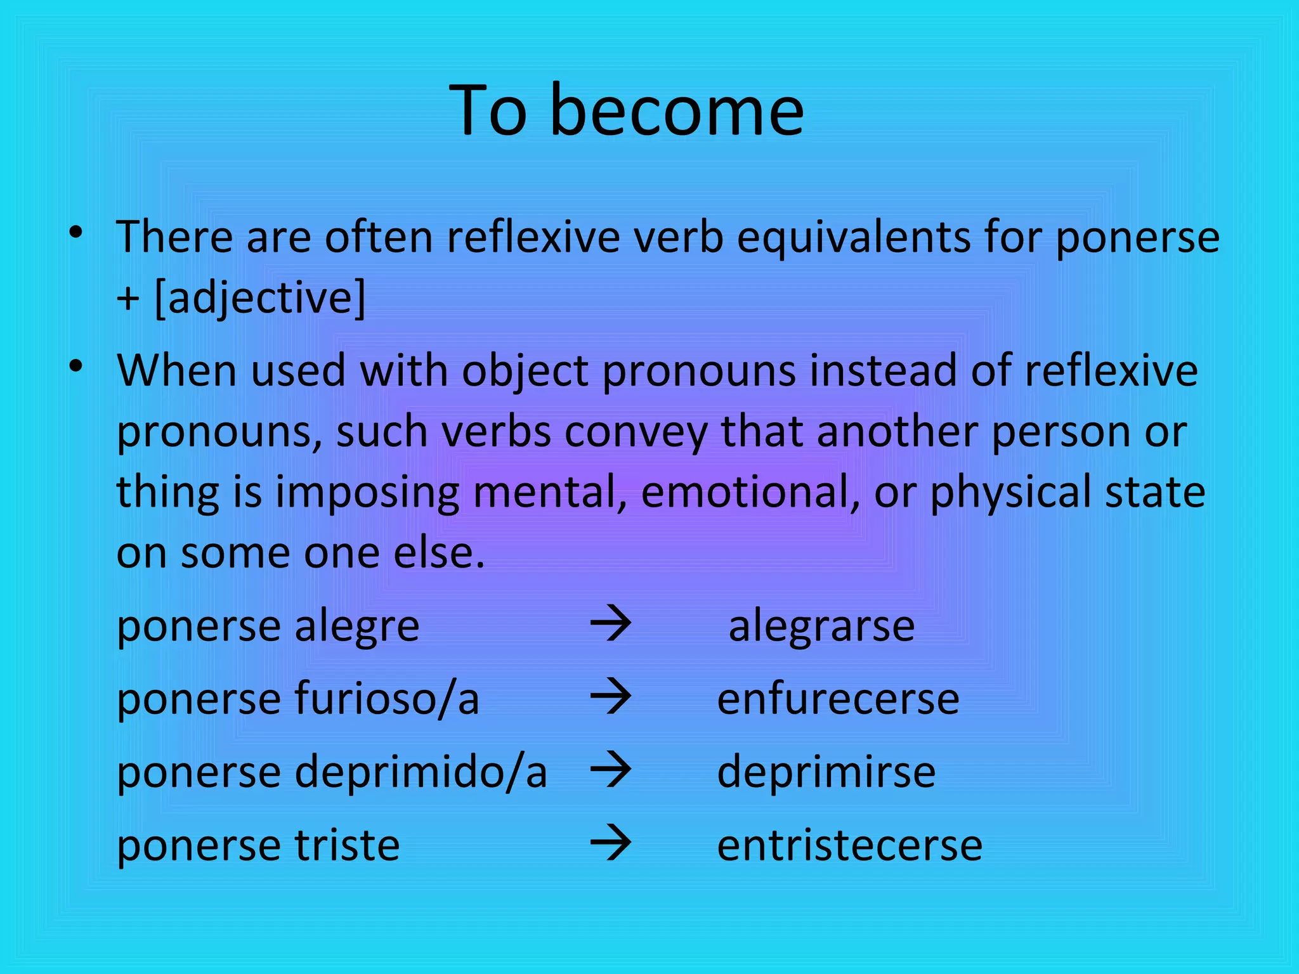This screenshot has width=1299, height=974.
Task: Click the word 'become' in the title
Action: (677, 111)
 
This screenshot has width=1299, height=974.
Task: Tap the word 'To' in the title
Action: (488, 111)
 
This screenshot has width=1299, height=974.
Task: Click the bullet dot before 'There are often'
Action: (76, 232)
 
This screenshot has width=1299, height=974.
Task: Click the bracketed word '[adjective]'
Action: (260, 298)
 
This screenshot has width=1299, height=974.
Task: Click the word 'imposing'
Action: (367, 493)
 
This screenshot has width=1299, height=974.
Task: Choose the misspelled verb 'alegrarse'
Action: (821, 627)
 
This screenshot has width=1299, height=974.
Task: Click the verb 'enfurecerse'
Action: (838, 699)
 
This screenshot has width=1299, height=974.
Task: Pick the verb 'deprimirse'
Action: (826, 772)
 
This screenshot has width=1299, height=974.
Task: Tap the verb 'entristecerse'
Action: (849, 845)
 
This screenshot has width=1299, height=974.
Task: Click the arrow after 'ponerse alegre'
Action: (611, 624)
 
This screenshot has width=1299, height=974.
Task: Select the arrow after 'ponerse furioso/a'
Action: (611, 697)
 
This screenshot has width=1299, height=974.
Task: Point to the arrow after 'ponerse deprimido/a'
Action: (611, 770)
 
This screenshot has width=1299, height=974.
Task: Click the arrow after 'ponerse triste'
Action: (611, 843)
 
